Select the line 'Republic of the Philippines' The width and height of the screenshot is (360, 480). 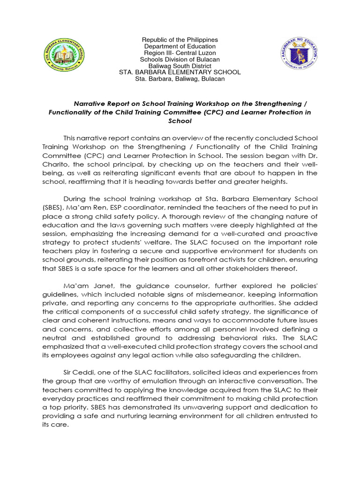pyautogui.click(x=180, y=40)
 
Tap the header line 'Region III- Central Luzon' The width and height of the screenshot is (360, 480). pyautogui.click(x=180, y=53)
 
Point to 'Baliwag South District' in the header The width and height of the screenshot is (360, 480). pyautogui.click(x=180, y=66)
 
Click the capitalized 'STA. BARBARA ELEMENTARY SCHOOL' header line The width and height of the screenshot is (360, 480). pyautogui.click(x=180, y=73)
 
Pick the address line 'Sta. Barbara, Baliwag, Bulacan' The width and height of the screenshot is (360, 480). pyautogui.click(x=180, y=79)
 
